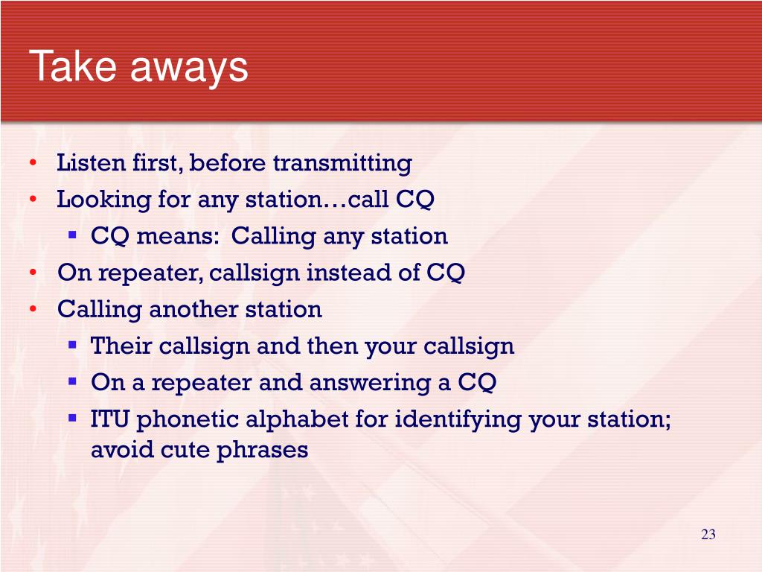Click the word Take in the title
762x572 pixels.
point(72,66)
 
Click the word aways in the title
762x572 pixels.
point(189,69)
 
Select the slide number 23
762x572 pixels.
point(708,534)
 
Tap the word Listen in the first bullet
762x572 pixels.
point(91,162)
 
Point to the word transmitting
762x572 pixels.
point(342,163)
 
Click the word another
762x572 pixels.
point(193,309)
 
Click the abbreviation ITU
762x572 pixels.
point(110,419)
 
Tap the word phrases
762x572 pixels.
point(262,451)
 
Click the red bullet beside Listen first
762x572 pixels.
point(33,162)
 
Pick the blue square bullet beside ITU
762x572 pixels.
point(73,418)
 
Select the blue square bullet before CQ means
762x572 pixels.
point(73,235)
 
